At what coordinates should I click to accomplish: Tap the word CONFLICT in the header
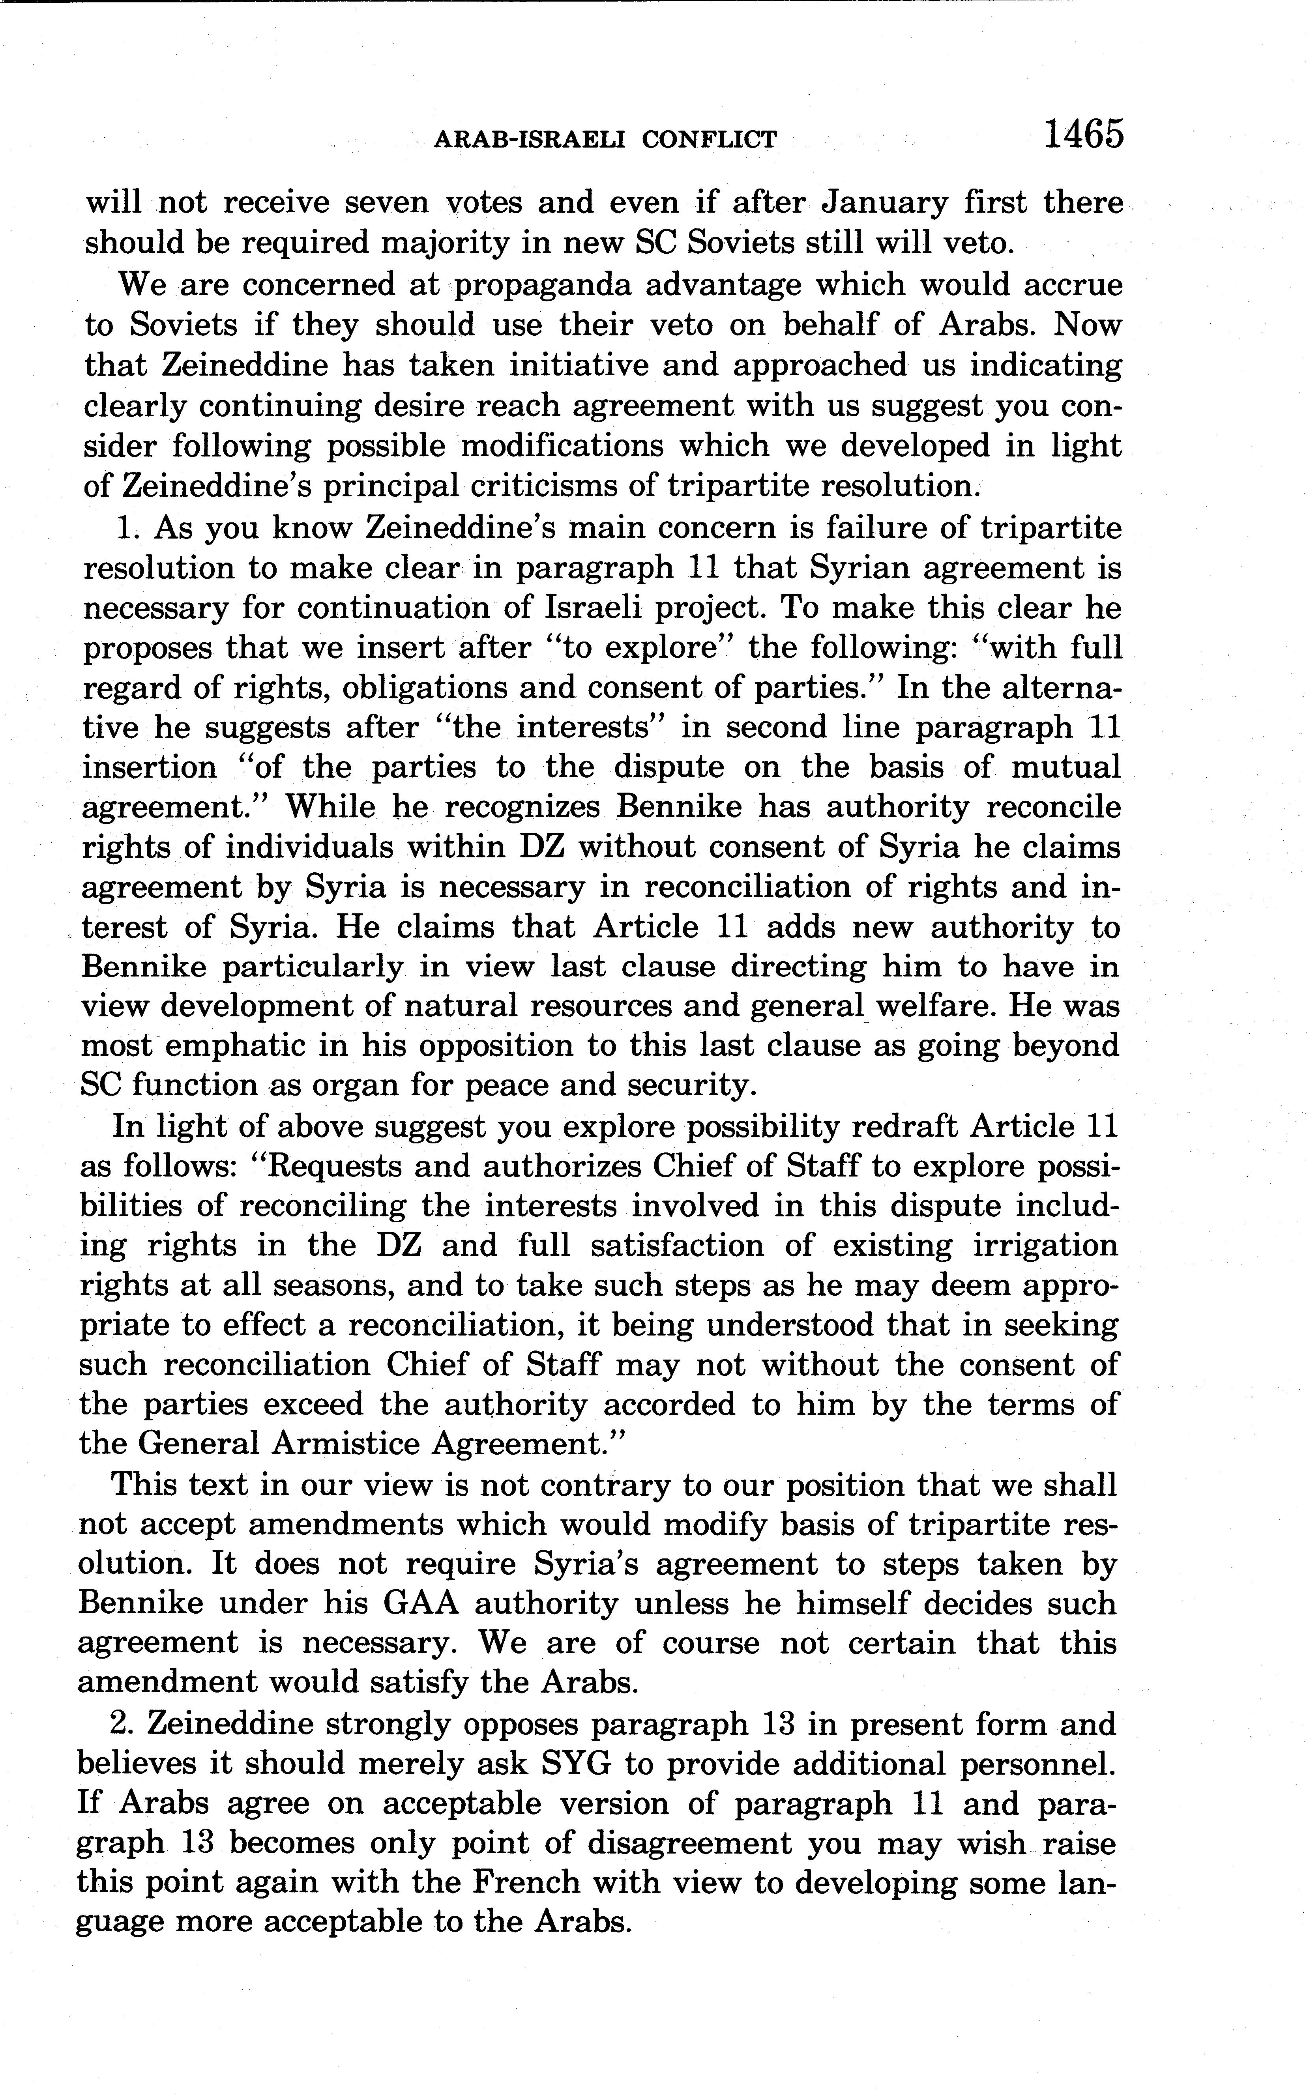(x=710, y=139)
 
